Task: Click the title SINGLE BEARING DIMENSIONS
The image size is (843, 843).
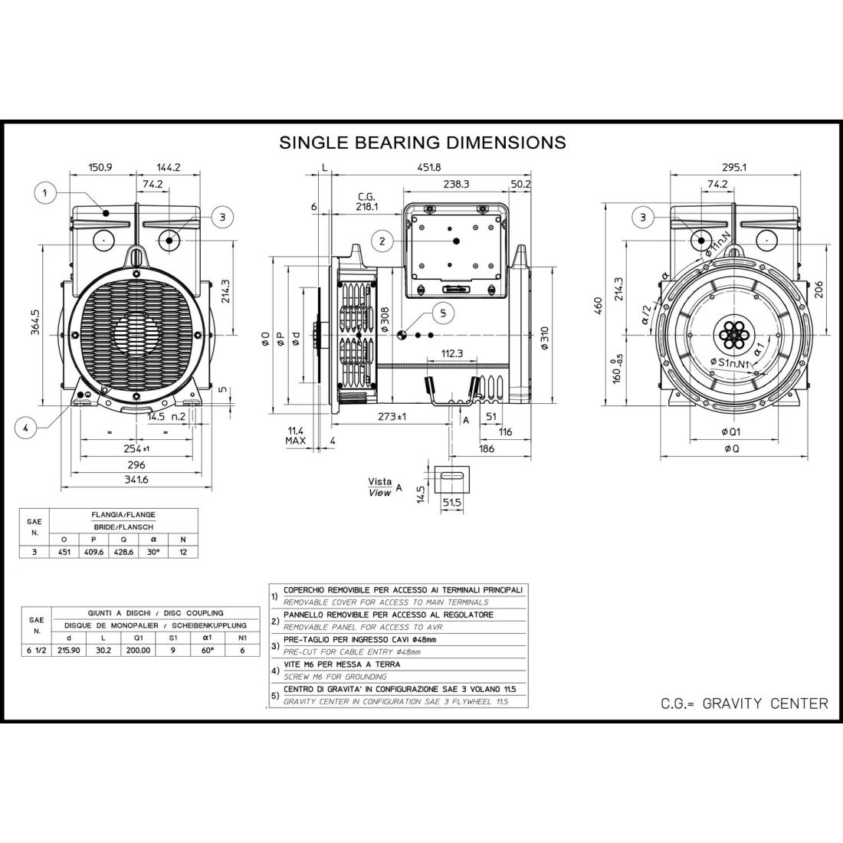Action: pos(422,143)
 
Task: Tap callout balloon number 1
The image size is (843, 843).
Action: pos(45,192)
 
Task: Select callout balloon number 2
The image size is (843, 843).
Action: pos(382,241)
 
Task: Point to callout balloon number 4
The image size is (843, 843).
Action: pos(26,428)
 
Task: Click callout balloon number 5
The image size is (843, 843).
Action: pos(443,313)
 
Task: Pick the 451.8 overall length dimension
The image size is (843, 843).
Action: pos(429,168)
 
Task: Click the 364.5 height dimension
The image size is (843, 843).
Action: pos(35,322)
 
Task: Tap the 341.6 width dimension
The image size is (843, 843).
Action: pos(136,480)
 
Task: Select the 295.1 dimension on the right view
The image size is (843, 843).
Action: pos(734,167)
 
